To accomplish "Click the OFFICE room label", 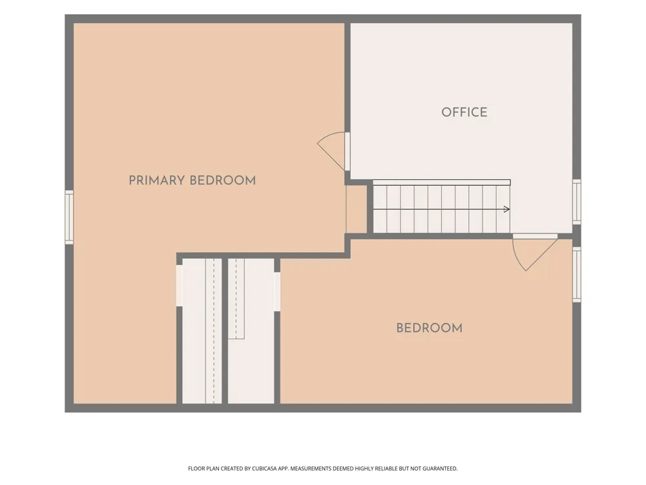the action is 464,112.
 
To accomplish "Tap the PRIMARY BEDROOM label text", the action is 192,180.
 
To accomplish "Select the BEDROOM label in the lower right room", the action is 430,328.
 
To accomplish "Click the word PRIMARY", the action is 156,180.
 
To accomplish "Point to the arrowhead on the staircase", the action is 506,209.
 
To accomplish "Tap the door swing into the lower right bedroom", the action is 534,254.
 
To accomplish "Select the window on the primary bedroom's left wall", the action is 69,217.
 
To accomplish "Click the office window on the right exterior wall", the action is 577,202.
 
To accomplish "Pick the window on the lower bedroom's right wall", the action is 577,274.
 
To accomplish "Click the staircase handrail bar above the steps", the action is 442,182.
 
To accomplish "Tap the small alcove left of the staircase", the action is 356,209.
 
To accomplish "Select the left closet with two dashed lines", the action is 202,330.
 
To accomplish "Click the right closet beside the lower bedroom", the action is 251,330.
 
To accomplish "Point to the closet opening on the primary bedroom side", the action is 179,285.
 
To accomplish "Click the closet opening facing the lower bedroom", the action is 277,292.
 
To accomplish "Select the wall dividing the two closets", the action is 225,330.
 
